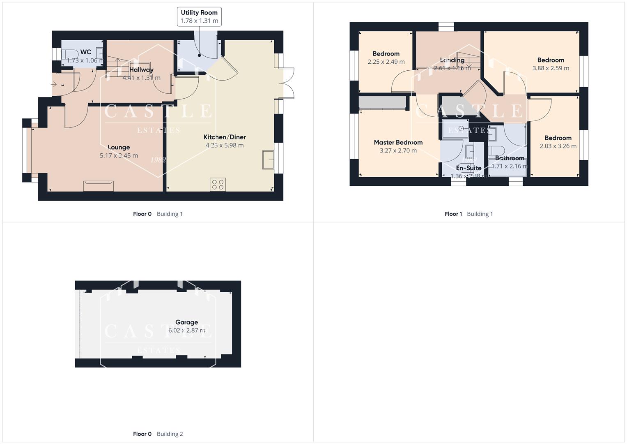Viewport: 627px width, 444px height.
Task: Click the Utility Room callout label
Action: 199,16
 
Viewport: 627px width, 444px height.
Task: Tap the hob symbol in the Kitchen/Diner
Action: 218,185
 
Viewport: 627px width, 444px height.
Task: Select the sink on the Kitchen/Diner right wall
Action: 268,160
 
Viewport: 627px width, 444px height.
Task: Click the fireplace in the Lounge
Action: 99,186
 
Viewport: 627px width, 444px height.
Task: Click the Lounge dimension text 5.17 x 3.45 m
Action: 119,155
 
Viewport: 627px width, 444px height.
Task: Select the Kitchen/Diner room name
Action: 224,137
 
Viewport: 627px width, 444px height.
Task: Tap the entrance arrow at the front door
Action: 54,84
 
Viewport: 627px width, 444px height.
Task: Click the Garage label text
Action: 186,322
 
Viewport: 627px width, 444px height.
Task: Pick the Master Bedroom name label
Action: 398,142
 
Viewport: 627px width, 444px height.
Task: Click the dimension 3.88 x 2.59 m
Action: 551,68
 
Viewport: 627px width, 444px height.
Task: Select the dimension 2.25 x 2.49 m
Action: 386,62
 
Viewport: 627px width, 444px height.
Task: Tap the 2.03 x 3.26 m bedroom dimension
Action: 558,146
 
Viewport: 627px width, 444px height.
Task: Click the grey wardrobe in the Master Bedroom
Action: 382,103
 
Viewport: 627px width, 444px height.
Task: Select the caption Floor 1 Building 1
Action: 469,214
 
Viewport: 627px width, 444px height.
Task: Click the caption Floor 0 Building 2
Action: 158,434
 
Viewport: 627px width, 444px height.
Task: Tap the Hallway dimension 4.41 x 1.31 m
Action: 141,78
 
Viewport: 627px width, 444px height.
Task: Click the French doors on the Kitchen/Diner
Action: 287,83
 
